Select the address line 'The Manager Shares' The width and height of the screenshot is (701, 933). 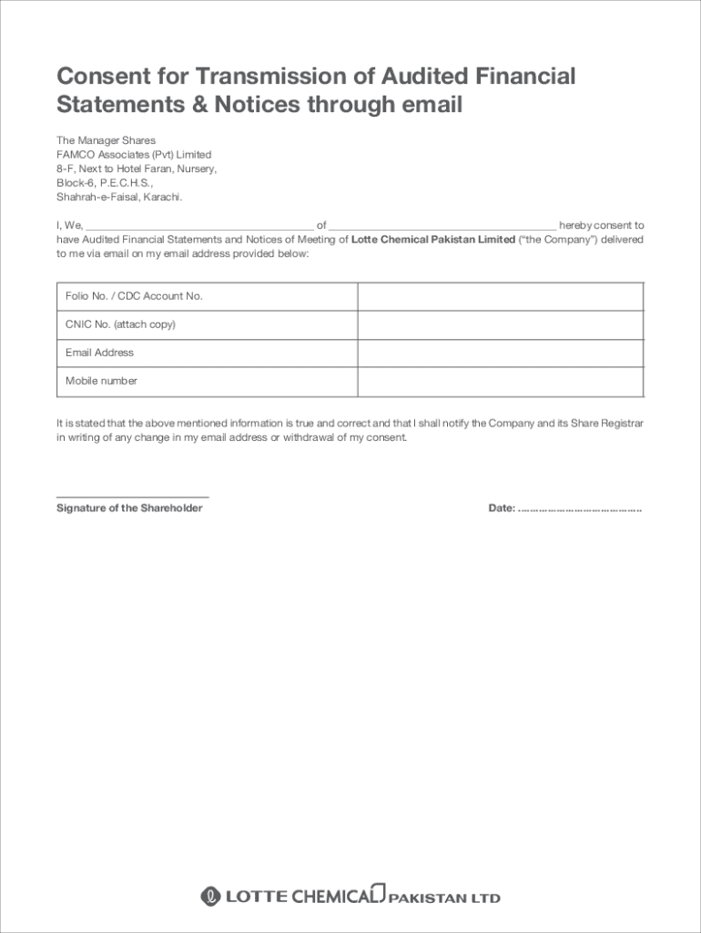[106, 140]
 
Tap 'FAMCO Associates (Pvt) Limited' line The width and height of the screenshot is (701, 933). [134, 155]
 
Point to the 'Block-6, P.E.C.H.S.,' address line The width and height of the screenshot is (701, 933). [105, 183]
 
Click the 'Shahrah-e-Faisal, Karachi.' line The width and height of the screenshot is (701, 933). [119, 197]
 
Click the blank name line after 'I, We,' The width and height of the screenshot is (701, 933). [198, 226]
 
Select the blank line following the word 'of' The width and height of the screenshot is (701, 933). [442, 226]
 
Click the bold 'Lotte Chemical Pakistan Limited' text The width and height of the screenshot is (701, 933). [433, 240]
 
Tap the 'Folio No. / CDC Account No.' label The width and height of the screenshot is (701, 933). [134, 296]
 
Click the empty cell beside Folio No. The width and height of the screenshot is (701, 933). [500, 297]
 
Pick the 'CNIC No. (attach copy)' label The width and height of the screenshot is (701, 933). [120, 324]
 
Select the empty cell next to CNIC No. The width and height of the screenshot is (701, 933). [500, 325]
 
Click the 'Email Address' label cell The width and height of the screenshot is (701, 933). [99, 353]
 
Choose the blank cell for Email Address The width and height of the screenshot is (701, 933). [500, 354]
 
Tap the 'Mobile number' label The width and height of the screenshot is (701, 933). [101, 381]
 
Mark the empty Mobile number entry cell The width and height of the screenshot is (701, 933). [500, 382]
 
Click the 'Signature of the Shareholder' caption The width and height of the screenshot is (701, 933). [129, 508]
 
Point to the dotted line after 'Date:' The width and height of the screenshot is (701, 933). [580, 508]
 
